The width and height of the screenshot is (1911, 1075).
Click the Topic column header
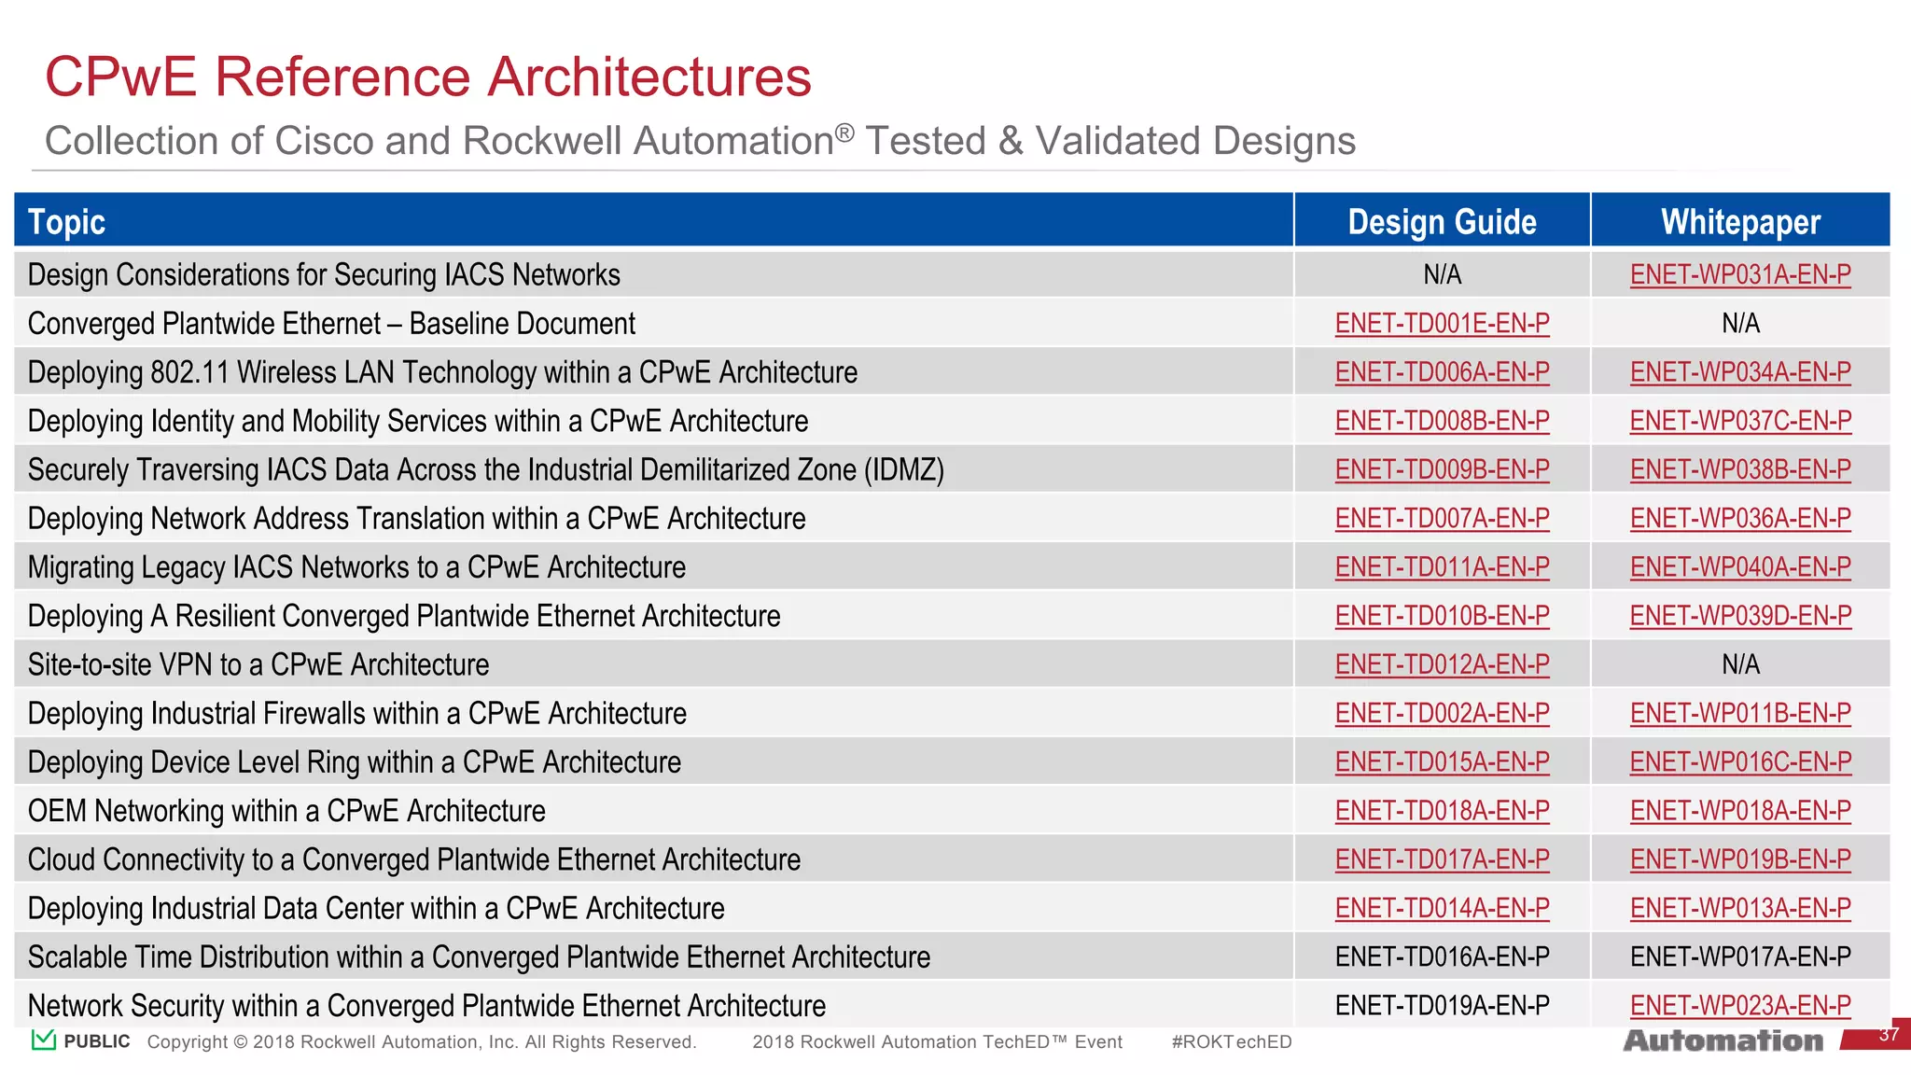pos(66,222)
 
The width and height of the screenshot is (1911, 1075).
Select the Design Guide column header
pos(1442,222)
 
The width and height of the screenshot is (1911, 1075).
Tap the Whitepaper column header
pos(1740,222)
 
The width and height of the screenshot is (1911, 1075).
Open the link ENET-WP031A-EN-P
pos(1740,275)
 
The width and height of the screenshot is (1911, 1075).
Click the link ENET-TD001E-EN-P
pos(1442,324)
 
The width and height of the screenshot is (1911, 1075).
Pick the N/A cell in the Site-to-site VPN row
pos(1740,664)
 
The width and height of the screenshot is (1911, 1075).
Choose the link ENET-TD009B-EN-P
pos(1442,470)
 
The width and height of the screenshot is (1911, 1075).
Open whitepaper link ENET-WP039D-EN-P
pos(1740,616)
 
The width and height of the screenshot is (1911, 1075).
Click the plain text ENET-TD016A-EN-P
pos(1442,957)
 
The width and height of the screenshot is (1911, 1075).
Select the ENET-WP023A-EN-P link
pos(1740,1006)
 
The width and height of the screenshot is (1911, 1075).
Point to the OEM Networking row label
pos(286,811)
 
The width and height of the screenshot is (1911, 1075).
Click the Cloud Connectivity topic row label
pos(413,859)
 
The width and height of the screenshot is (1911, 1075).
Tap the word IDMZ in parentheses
pos(904,470)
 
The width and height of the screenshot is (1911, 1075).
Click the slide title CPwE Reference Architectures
pos(428,77)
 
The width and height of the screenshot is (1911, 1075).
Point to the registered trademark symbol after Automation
pos(844,133)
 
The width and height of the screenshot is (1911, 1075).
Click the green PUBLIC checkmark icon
pos(43,1040)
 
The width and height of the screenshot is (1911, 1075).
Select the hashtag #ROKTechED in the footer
pos(1231,1042)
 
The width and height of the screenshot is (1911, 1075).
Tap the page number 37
pos(1888,1035)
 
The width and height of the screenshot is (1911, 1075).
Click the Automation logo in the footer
pos(1723,1040)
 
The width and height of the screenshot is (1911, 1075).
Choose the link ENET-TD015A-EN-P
pos(1442,762)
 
